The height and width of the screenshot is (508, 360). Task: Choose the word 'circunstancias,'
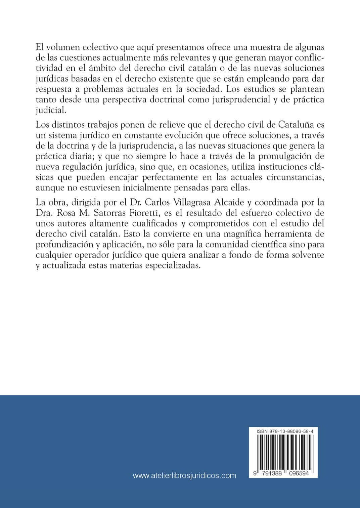[x=296, y=177]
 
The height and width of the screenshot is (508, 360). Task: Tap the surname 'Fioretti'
[x=143, y=213]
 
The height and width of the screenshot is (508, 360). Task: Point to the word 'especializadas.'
[x=174, y=265]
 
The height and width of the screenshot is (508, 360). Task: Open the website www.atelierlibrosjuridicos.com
[x=184, y=476]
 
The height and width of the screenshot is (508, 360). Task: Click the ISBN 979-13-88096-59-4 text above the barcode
[x=282, y=431]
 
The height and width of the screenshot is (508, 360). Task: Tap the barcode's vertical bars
[x=283, y=450]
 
